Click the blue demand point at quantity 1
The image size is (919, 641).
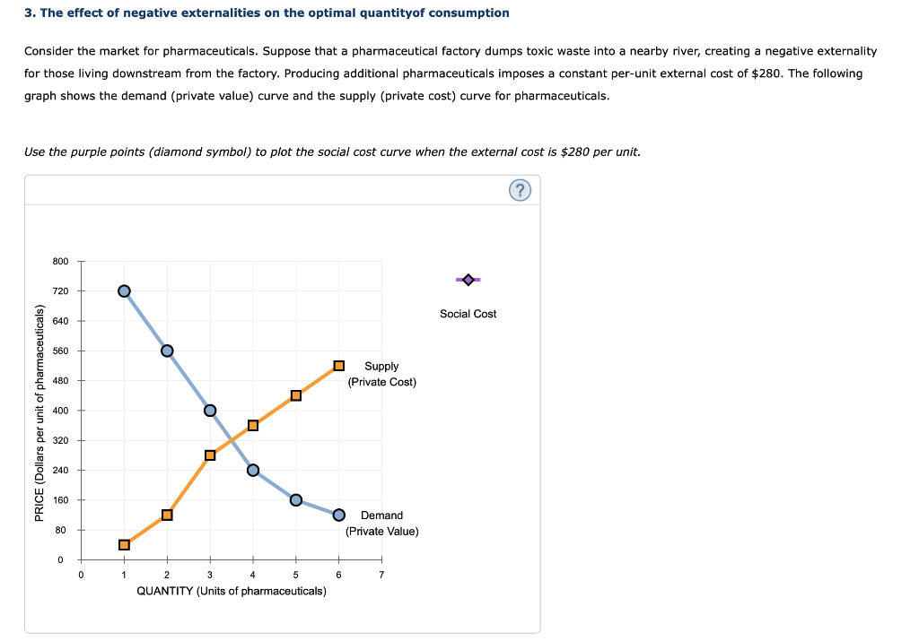click(x=124, y=290)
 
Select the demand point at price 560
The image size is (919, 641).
click(x=167, y=350)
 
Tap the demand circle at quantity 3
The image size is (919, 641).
click(x=210, y=411)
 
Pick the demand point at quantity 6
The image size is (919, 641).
click(x=339, y=515)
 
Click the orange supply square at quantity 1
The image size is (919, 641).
click(x=124, y=544)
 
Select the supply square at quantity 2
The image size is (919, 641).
click(x=167, y=515)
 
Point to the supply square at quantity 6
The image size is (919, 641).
click(x=339, y=366)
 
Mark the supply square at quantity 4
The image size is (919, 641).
click(x=253, y=425)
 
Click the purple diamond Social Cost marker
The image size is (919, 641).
click(x=468, y=281)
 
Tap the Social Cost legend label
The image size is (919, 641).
click(x=468, y=314)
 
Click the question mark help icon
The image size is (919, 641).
click(x=520, y=191)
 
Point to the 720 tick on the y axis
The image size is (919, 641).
click(x=61, y=290)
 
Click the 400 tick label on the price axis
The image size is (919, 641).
click(x=61, y=411)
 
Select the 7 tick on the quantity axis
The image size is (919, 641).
click(x=381, y=575)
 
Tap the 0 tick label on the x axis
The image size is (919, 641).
click(x=81, y=575)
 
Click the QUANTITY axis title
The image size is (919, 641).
click(x=231, y=591)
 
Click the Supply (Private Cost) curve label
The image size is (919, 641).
click(x=381, y=374)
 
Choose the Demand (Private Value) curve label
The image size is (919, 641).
click(x=381, y=523)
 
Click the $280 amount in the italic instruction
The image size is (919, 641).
click(x=576, y=152)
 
